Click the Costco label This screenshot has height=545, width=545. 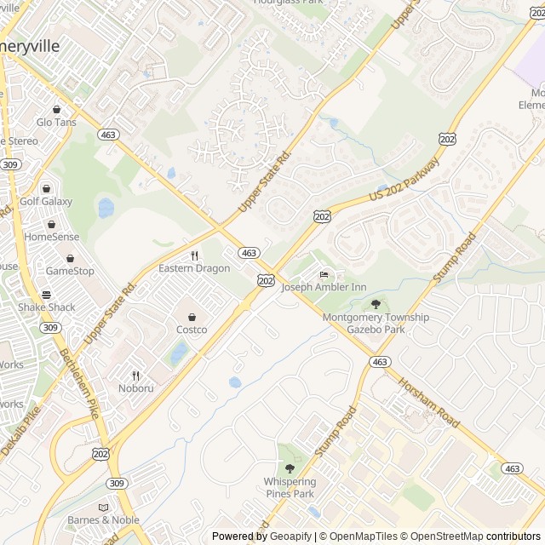192,330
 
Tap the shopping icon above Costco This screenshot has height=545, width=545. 192,317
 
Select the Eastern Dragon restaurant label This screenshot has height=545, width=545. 194,268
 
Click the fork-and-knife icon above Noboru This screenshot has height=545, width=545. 135,376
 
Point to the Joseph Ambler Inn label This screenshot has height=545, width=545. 324,287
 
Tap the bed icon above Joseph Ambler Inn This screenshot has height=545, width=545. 324,274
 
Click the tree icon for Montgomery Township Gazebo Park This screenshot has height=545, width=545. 376,304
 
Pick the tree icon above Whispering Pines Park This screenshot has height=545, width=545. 290,468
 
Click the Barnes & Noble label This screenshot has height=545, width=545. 103,520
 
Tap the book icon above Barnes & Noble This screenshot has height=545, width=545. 103,508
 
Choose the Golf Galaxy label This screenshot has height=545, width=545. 46,202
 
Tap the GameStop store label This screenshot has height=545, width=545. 70,271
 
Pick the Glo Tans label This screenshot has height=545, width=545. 56,122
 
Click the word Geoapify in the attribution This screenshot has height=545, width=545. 291,536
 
